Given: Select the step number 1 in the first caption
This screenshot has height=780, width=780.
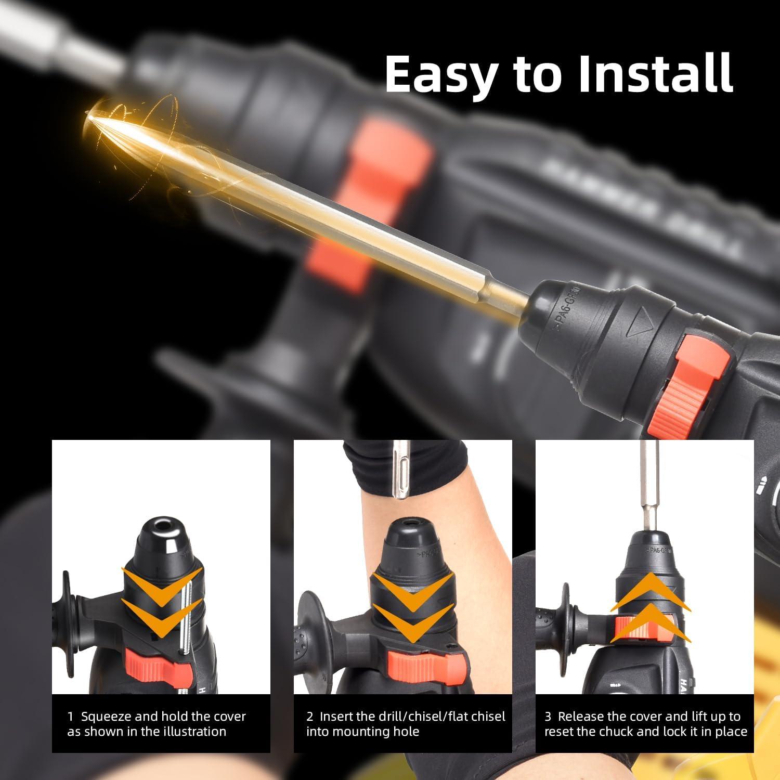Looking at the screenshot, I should [x=71, y=717].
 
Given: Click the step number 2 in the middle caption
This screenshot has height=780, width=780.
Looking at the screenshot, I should [x=310, y=717].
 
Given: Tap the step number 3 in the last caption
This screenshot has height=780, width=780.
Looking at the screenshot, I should [x=548, y=717].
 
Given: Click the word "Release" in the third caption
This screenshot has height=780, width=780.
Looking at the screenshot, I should [x=581, y=717].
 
